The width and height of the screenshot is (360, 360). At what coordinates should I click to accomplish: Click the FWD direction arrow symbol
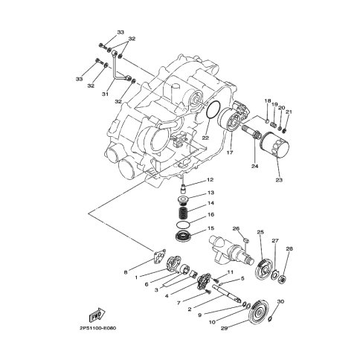tap(97, 315)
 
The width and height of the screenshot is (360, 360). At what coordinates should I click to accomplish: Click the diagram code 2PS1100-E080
tap(97, 328)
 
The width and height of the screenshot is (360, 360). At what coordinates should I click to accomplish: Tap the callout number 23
tap(279, 180)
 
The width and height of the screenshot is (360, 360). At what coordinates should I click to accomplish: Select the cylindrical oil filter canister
tap(275, 144)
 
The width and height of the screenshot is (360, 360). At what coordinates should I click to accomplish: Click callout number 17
tap(230, 152)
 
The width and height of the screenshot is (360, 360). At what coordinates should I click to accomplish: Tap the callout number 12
tap(210, 180)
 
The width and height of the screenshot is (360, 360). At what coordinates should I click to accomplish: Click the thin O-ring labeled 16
tap(184, 224)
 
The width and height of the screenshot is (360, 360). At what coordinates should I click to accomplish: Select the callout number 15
tap(210, 228)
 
